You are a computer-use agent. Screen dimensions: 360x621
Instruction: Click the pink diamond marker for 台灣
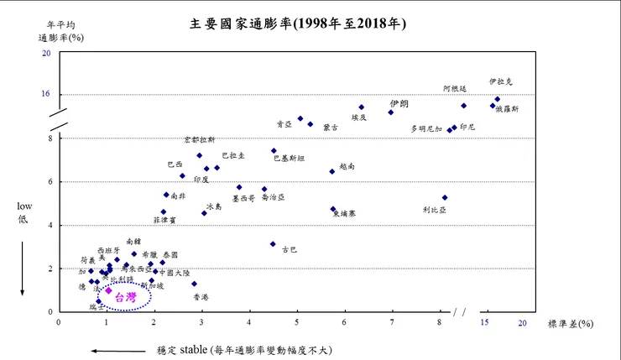click(x=108, y=290)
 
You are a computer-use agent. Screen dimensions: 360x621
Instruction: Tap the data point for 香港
click(x=194, y=284)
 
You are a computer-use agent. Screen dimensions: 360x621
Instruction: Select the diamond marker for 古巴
click(x=273, y=244)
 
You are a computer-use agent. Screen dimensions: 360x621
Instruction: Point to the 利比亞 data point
click(x=445, y=198)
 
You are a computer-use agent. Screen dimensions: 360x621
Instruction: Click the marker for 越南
click(x=332, y=171)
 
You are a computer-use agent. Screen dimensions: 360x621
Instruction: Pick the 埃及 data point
click(x=362, y=107)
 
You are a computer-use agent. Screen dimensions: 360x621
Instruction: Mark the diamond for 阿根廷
click(x=463, y=106)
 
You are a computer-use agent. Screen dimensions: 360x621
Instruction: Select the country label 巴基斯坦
click(x=290, y=158)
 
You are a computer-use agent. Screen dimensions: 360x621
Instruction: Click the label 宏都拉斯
click(x=200, y=139)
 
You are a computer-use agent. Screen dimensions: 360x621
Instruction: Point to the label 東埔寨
click(x=344, y=214)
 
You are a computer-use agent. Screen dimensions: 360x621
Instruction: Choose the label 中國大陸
click(x=175, y=273)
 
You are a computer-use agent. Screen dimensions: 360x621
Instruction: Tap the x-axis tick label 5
click(x=297, y=322)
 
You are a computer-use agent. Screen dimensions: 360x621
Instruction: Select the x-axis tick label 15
click(x=485, y=322)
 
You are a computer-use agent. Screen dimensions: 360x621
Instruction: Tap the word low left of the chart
click(x=24, y=205)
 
